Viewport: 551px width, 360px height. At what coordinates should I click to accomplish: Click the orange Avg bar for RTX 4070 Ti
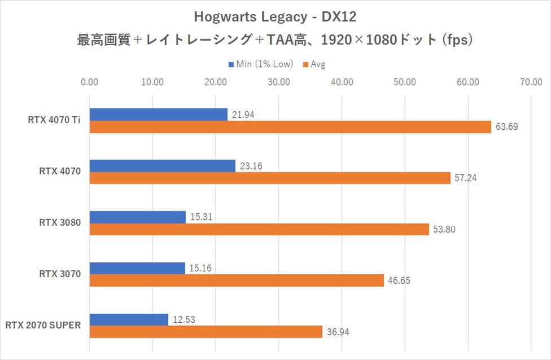(x=290, y=127)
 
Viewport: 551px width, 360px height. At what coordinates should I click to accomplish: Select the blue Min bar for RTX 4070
(x=163, y=166)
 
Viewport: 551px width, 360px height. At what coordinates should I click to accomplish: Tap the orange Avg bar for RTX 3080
(x=259, y=230)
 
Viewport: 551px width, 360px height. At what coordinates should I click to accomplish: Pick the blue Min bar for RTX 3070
(x=137, y=268)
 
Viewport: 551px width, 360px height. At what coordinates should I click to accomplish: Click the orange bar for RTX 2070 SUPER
(x=206, y=332)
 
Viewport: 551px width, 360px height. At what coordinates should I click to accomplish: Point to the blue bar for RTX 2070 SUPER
(x=129, y=319)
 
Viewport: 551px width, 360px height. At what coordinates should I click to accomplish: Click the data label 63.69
(x=507, y=128)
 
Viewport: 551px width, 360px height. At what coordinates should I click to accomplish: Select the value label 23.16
(x=251, y=166)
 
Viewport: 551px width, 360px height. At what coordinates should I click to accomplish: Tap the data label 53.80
(x=444, y=230)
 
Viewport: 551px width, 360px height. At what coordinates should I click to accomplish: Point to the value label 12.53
(x=184, y=320)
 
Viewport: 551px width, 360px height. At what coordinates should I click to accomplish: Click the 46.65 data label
(x=399, y=280)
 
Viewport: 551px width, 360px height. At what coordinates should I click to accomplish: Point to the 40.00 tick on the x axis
(x=342, y=82)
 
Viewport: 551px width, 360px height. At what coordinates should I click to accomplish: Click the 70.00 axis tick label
(x=531, y=82)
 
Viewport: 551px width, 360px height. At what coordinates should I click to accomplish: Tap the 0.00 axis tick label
(x=90, y=82)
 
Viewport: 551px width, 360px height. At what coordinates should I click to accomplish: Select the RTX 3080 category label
(x=60, y=223)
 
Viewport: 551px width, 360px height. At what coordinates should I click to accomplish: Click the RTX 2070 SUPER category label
(x=43, y=325)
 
